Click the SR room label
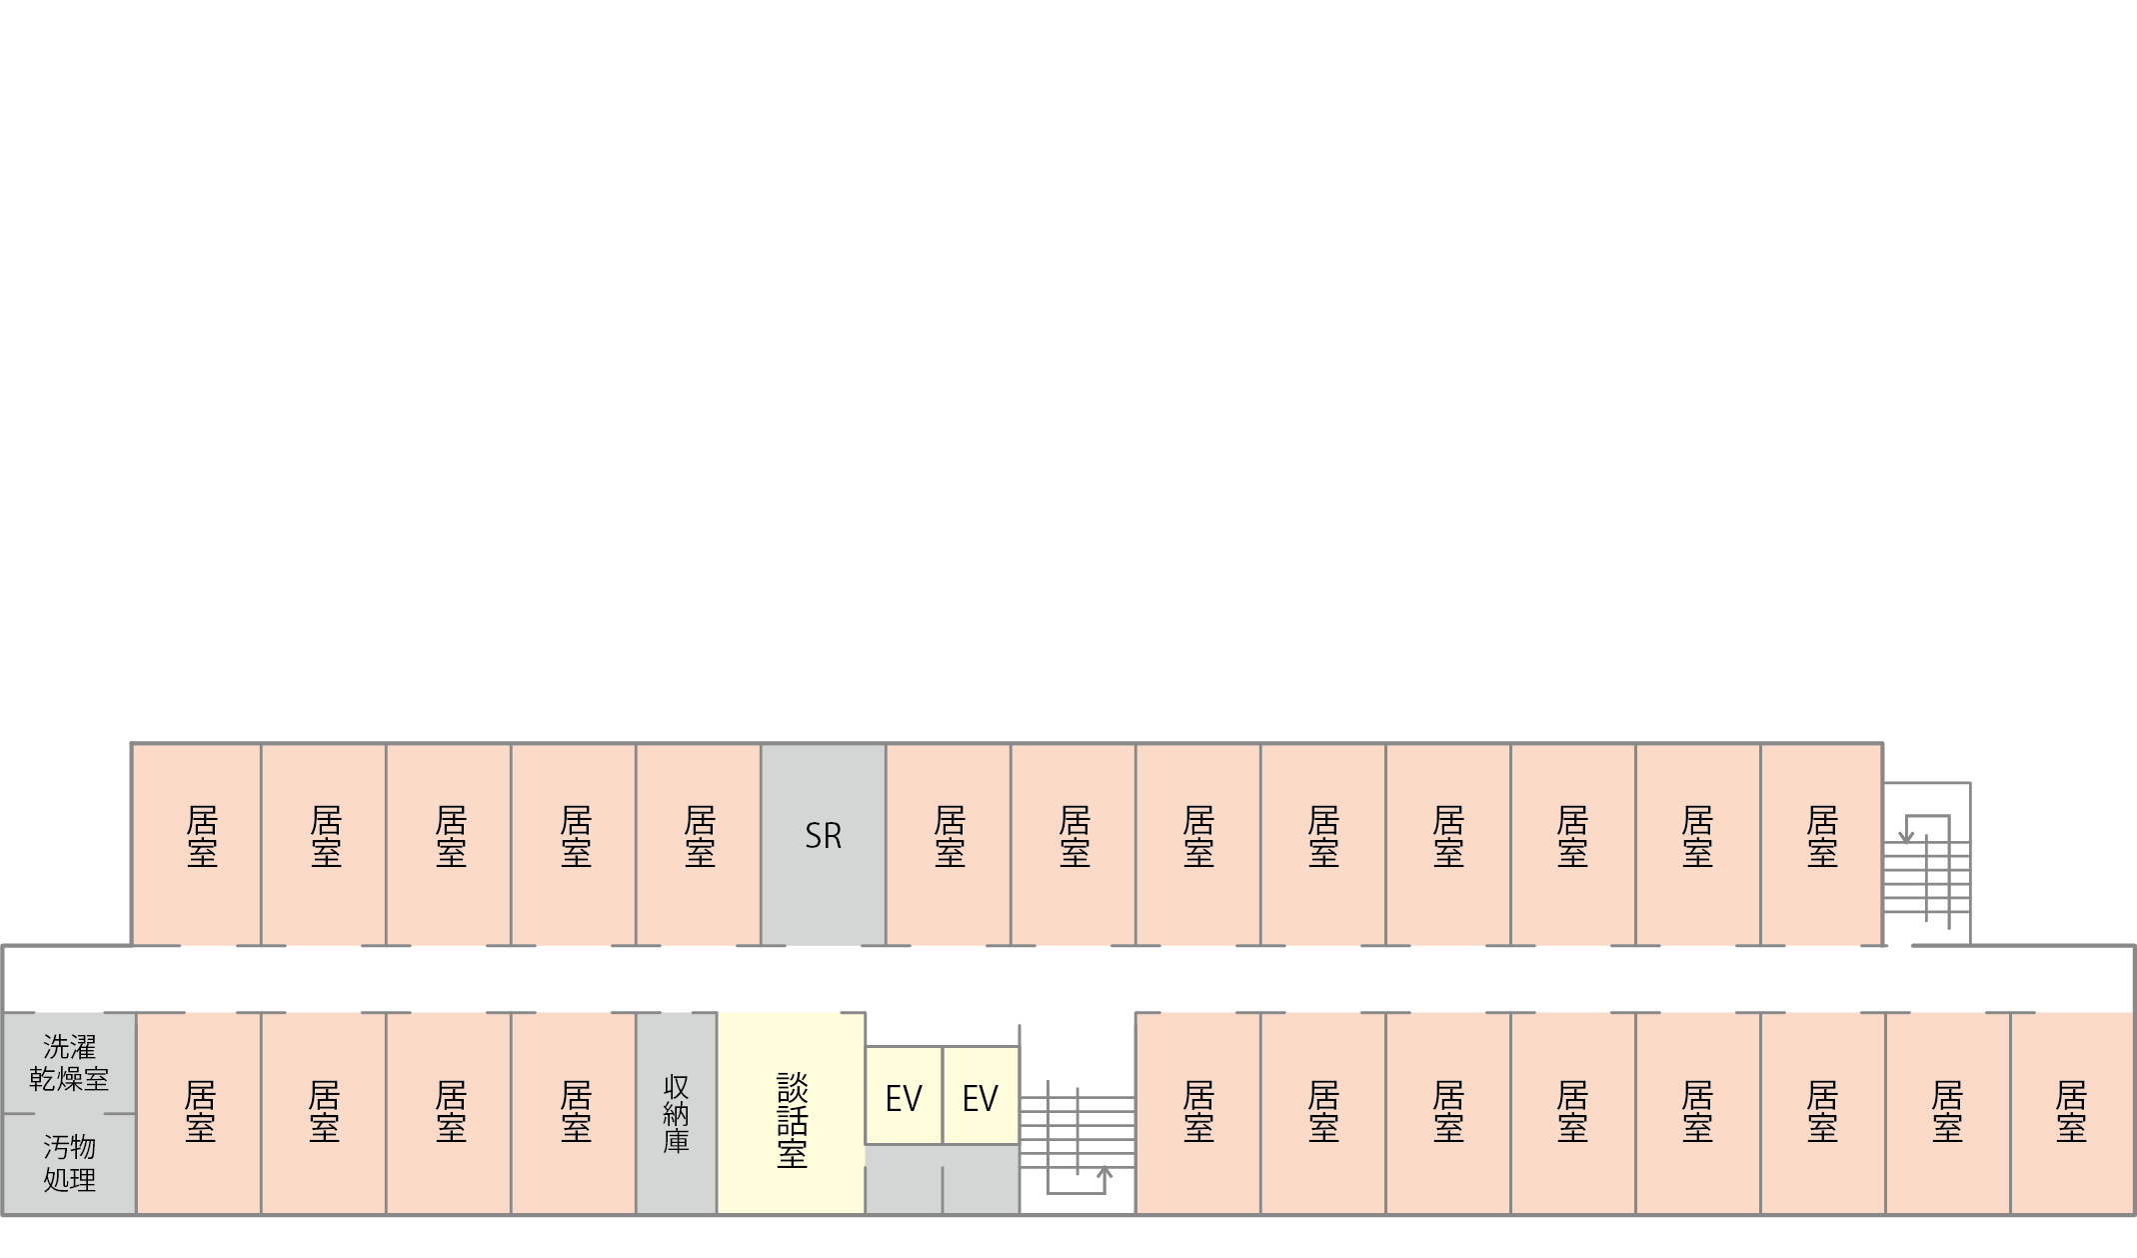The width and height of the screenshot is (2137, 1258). [824, 836]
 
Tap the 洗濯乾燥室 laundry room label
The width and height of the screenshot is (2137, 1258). [69, 1063]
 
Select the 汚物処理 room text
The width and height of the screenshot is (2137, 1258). [69, 1163]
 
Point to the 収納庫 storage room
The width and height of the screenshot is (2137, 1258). [677, 1114]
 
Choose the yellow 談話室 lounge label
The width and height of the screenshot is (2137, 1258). [792, 1121]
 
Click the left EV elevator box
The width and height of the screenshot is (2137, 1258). [904, 1095]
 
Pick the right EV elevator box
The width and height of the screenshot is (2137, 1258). [981, 1095]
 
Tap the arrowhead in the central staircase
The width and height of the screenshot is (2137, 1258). [1104, 1171]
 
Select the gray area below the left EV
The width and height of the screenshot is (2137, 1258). [904, 1180]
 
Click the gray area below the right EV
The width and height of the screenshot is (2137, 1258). [981, 1180]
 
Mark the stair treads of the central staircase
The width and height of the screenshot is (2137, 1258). [1077, 1132]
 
